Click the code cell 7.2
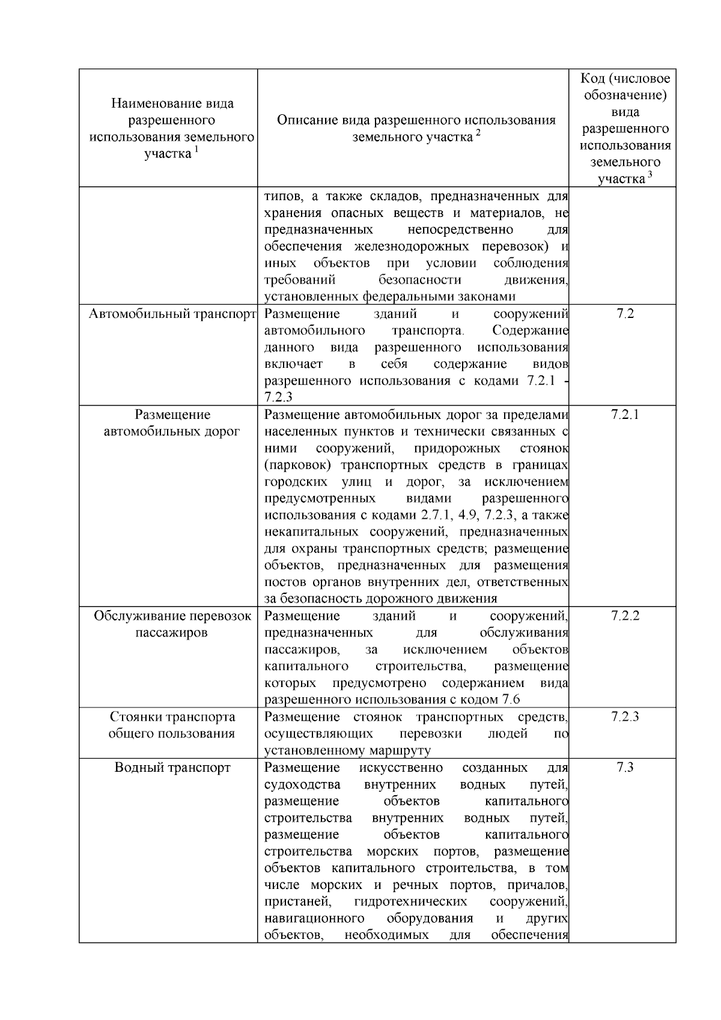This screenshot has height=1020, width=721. point(625,314)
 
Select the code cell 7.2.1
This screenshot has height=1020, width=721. point(625,415)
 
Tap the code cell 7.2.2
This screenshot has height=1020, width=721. point(625,616)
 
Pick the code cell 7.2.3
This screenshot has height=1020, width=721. point(625,717)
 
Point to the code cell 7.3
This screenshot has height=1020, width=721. point(625,768)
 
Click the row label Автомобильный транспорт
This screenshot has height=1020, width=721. point(172,314)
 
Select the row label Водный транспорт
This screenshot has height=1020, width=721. point(172,768)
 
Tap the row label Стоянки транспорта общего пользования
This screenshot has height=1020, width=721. point(172,725)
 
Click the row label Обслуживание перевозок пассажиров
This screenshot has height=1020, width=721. point(172,625)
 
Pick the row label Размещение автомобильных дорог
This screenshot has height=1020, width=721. point(172,423)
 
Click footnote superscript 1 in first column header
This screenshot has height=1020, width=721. point(196,150)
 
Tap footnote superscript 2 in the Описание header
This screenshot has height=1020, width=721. point(478,133)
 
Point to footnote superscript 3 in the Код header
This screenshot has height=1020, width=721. point(650,175)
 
